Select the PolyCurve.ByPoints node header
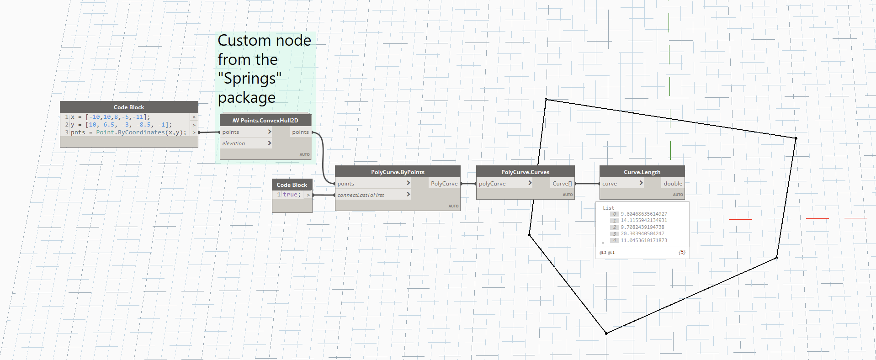pyautogui.click(x=398, y=172)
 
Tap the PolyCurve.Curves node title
pyautogui.click(x=525, y=172)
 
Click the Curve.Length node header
pyautogui.click(x=642, y=172)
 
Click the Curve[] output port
pyautogui.click(x=562, y=184)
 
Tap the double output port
pyautogui.click(x=673, y=184)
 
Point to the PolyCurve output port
pyautogui.click(x=444, y=184)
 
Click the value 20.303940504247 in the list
pyautogui.click(x=642, y=233)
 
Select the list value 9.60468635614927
pyautogui.click(x=643, y=214)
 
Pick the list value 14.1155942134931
pyautogui.click(x=643, y=220)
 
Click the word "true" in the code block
pyautogui.click(x=291, y=195)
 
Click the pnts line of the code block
pyautogui.click(x=128, y=132)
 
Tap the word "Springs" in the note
pyautogui.click(x=250, y=79)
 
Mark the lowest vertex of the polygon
pyautogui.click(x=606, y=334)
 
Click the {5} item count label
pyautogui.click(x=682, y=252)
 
